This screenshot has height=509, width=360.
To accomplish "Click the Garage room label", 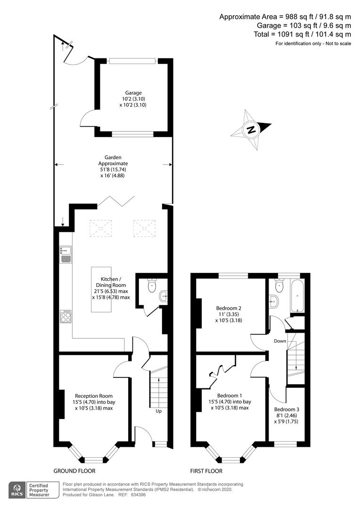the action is pos(133,93).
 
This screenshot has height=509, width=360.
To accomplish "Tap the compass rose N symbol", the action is pos(251,130).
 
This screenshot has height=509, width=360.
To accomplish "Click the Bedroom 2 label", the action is pos(229,308).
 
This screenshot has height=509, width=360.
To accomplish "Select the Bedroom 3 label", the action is pos(286,410).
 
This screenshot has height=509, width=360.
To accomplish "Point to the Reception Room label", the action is pos(94,396).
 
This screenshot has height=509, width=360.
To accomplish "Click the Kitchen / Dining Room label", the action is pos(111,282).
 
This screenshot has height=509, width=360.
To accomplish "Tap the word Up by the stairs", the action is pos(158,411).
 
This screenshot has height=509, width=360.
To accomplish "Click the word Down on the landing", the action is pos(280,341).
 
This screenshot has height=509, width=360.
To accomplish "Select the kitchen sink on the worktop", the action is pos(65,254).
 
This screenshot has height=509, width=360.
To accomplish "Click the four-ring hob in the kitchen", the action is pos(66,317).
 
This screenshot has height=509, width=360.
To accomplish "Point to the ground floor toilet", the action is pos(152,285).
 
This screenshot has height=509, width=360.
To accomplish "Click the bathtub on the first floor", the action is pos(297,296).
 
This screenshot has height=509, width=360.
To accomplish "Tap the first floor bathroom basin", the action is pos(274,302).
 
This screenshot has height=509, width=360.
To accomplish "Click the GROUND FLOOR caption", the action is pos(74,471).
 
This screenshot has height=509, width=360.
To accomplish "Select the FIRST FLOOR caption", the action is pos(206,471).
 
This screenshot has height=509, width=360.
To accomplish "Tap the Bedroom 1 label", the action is pos(229,395).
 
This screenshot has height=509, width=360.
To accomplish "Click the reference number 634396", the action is pos(139,495).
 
